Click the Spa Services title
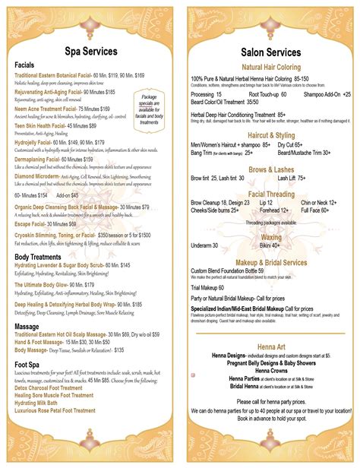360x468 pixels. (x=90, y=52)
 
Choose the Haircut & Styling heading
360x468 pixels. (x=270, y=135)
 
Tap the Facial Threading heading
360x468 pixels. (x=270, y=194)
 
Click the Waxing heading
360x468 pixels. (x=271, y=237)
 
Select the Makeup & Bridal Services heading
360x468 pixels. (x=270, y=262)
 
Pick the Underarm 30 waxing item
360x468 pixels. (x=204, y=245)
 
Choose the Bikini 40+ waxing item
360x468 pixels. (x=271, y=245)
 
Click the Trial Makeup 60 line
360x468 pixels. (x=207, y=287)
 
